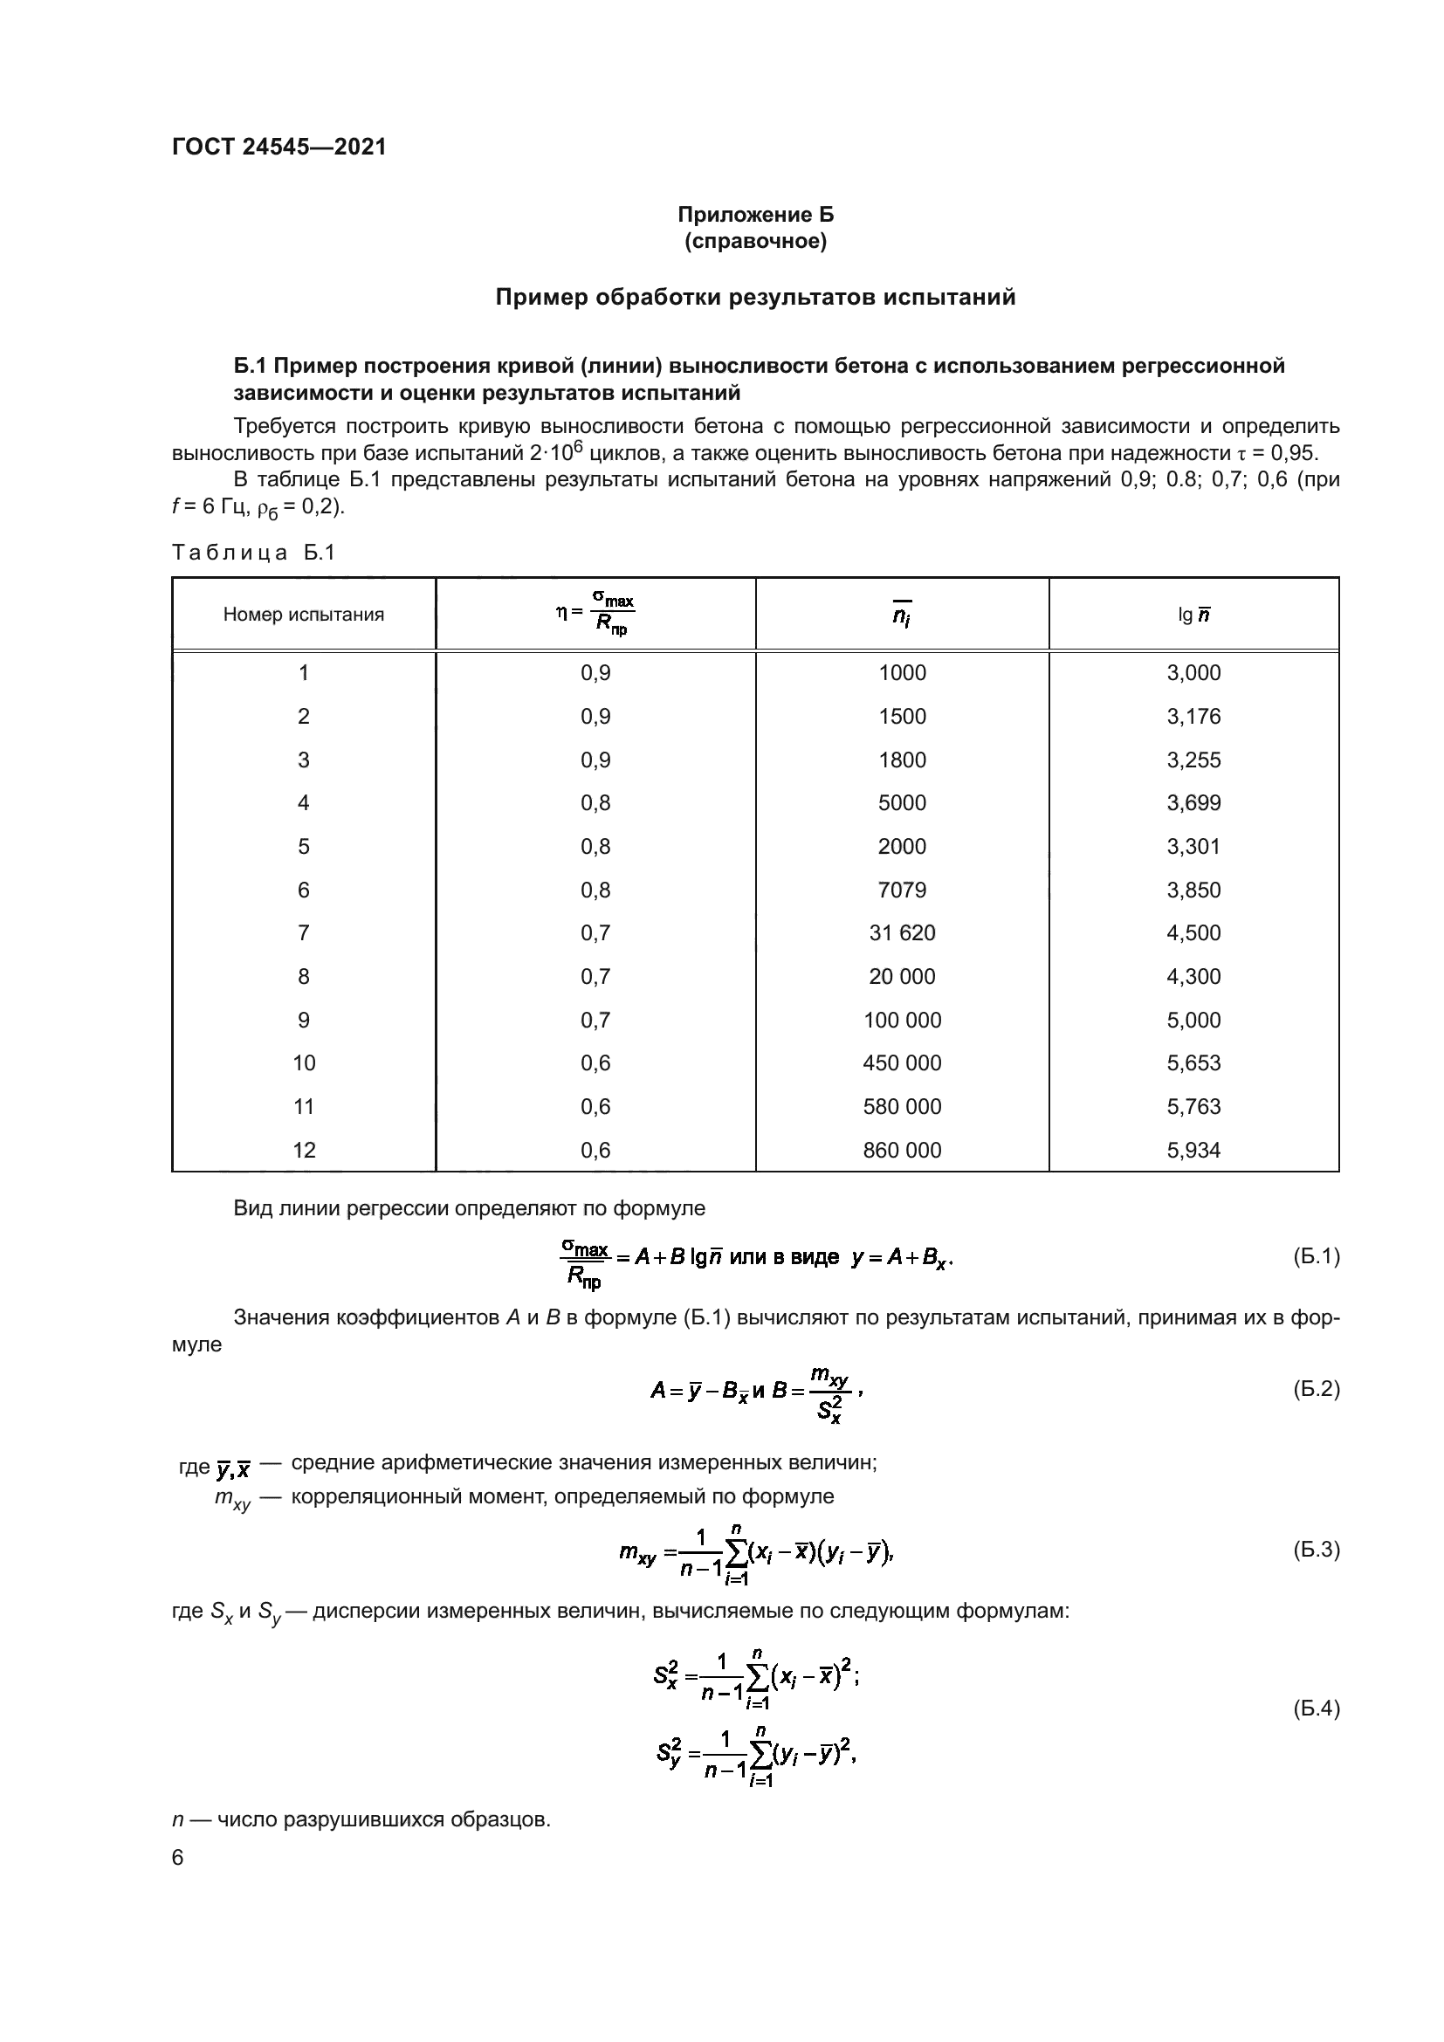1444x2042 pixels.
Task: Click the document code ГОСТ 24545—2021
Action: pos(279,147)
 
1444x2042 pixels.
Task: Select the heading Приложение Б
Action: pos(755,215)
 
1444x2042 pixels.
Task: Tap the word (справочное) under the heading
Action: pos(755,241)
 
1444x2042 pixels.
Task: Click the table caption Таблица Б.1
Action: pos(253,553)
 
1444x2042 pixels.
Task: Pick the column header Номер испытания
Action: pos(303,614)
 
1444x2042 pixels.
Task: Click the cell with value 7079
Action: pos(902,890)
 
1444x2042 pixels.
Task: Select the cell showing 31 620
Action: pos(902,933)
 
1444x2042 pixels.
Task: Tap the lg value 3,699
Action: pos(1193,803)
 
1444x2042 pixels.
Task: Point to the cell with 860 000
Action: pos(902,1150)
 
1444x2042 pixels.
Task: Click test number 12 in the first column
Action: pos(304,1150)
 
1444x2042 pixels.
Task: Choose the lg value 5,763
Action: pos(1193,1106)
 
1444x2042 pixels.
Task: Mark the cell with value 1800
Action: pos(902,760)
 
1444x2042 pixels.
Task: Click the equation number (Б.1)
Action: pos(1315,1256)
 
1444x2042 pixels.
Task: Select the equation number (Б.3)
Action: pos(1315,1550)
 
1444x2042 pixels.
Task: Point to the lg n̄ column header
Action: pos(1193,615)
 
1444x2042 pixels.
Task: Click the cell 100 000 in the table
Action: pos(902,1020)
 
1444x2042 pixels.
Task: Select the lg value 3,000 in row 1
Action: pos(1193,672)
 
